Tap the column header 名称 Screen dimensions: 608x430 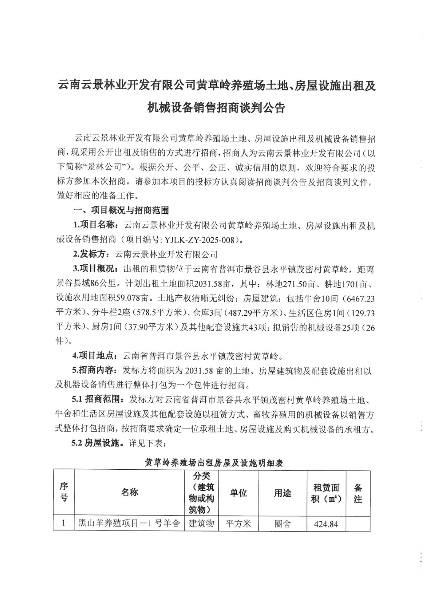coord(129,492)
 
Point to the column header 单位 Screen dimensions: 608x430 coord(238,492)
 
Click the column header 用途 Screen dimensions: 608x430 coord(282,492)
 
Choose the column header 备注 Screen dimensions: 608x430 coord(358,493)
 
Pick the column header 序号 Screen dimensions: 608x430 coord(64,492)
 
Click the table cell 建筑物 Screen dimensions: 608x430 coord(202,524)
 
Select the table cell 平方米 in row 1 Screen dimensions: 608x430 coord(238,524)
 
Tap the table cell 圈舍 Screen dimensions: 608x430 coord(282,524)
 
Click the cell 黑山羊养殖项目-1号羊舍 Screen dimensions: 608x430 coord(129,524)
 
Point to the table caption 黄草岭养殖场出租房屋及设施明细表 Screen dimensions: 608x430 coord(214,463)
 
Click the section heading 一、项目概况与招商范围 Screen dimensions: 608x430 coord(121,210)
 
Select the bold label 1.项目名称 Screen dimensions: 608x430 coord(95,225)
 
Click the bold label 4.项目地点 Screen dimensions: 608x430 coord(95,356)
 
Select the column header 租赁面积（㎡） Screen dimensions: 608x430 coord(326,493)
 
